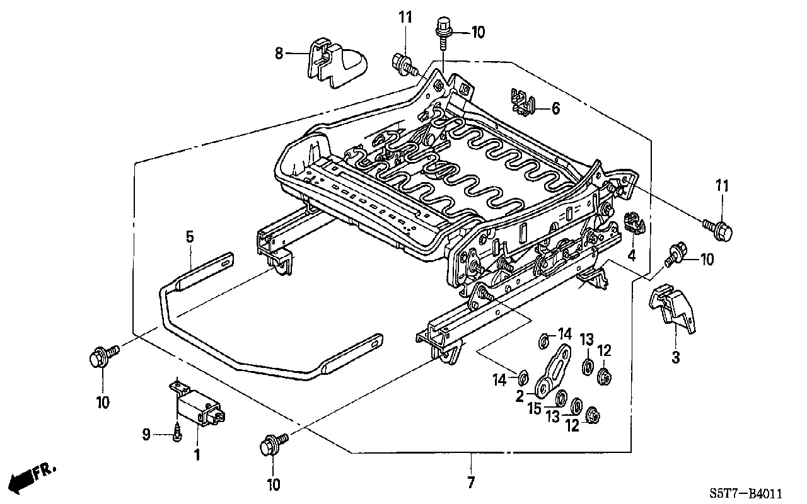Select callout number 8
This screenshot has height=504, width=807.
coord(279,54)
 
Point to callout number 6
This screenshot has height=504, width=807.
coord(556,108)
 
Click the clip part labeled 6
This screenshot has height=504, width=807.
coord(523,102)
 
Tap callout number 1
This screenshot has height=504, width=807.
coord(197,455)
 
